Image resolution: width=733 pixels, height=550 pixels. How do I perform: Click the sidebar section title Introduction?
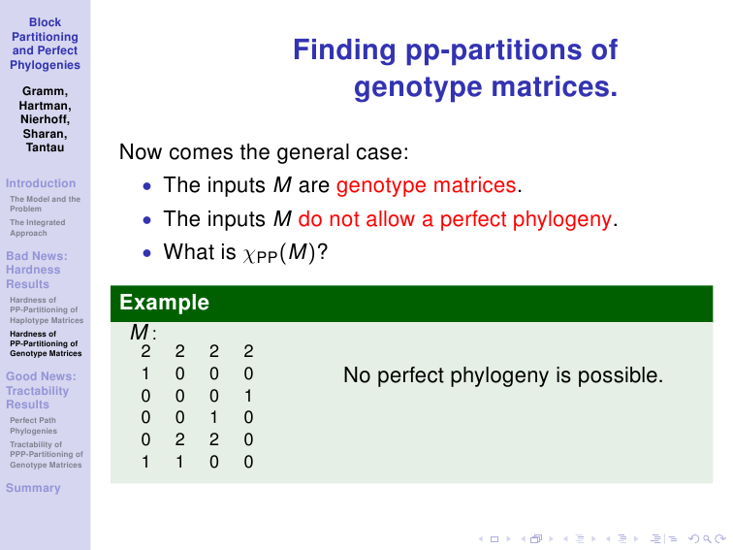(x=41, y=183)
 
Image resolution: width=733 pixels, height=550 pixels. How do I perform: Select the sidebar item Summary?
(x=33, y=488)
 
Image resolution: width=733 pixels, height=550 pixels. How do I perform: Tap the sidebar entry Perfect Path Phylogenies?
(x=34, y=426)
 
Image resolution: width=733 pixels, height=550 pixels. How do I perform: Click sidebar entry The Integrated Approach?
(x=38, y=228)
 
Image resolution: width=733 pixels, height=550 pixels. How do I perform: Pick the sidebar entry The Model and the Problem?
(x=45, y=204)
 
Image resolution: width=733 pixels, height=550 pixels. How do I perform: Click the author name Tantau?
(x=45, y=147)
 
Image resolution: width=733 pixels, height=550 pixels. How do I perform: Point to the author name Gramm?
(x=45, y=91)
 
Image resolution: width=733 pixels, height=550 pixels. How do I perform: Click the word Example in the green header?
(x=164, y=303)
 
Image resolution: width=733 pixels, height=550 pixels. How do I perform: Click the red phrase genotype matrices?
(x=426, y=185)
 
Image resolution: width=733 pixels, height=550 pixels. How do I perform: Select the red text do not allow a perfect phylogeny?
(x=455, y=219)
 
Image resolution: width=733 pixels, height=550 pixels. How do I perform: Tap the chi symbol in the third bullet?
(x=248, y=255)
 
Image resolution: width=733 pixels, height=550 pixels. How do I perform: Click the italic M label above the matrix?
(x=140, y=333)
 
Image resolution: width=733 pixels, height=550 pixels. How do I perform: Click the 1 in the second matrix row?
(x=145, y=373)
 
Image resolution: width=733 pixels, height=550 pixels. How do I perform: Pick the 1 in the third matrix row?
(x=248, y=396)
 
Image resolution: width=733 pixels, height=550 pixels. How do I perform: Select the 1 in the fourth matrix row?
(x=214, y=417)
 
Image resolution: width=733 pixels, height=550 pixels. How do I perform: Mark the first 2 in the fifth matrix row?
(x=180, y=439)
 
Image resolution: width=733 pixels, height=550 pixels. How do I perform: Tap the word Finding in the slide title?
(x=344, y=50)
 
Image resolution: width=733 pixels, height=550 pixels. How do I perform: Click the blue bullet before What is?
(x=147, y=253)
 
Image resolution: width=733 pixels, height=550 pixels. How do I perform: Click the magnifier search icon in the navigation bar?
(x=707, y=539)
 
